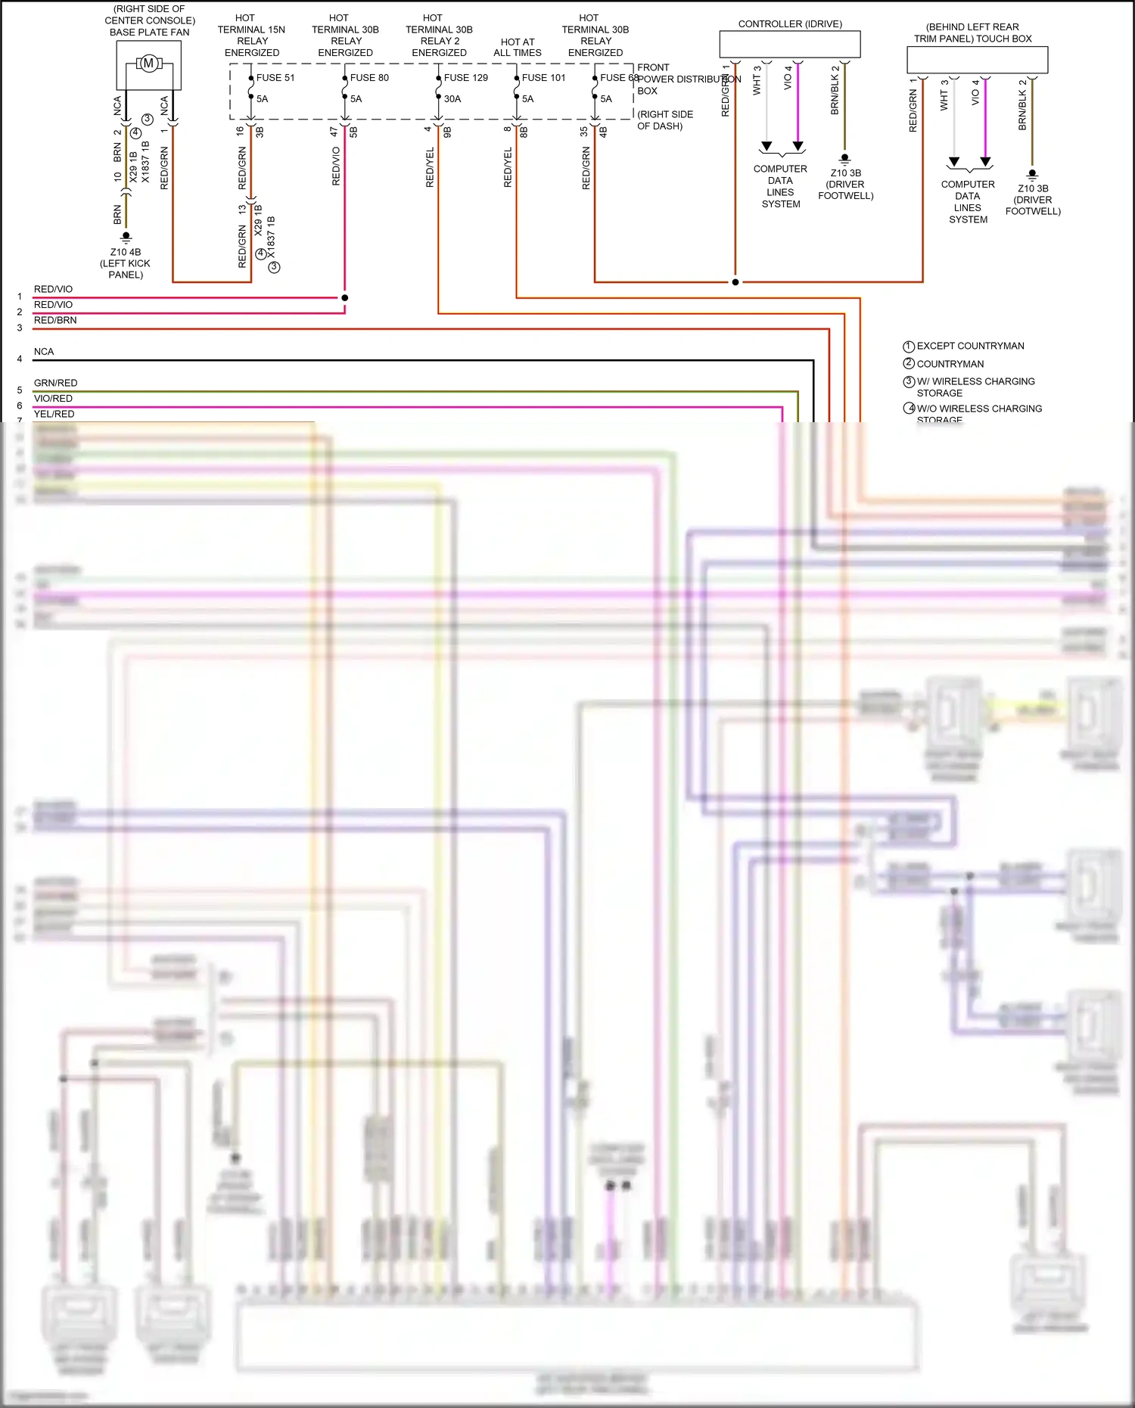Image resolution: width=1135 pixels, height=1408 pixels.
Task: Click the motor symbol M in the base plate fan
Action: (149, 64)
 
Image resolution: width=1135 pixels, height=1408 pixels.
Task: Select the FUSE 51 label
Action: (275, 78)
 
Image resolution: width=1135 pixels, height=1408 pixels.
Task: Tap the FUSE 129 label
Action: (465, 78)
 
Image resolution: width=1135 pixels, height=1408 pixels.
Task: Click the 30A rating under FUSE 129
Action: (452, 99)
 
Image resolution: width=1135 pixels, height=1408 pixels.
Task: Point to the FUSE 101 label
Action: (543, 78)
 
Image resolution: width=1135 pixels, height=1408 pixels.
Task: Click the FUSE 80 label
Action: (369, 78)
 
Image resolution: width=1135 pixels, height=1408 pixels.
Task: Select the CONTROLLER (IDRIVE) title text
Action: (790, 24)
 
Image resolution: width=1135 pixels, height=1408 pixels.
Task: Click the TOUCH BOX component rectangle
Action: (977, 60)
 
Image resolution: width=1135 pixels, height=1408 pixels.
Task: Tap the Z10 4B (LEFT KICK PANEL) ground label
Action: (126, 263)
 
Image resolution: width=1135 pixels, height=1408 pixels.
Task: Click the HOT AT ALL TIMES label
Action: (518, 48)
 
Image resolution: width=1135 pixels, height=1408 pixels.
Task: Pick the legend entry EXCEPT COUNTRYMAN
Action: (970, 346)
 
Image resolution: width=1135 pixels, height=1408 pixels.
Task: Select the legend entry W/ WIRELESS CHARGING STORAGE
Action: (975, 387)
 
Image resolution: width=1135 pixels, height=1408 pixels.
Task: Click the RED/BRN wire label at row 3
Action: (55, 320)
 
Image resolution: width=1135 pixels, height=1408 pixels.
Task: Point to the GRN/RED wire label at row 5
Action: (55, 383)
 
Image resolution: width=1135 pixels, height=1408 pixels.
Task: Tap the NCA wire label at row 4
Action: (44, 352)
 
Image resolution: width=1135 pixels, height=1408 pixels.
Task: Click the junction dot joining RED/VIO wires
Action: (344, 298)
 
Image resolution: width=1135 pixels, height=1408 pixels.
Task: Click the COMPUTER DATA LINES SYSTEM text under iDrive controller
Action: (780, 186)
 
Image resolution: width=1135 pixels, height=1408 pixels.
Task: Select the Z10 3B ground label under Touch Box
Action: (1033, 200)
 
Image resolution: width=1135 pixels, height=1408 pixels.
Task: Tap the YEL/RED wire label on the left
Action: (54, 414)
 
